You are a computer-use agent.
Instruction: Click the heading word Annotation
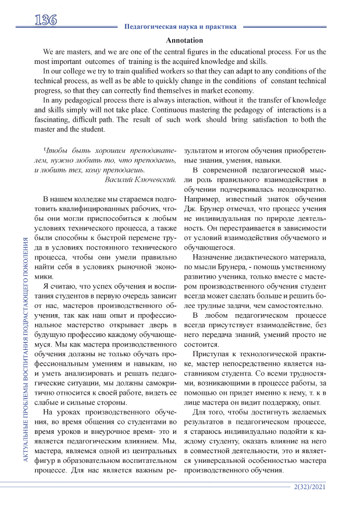click(x=184, y=40)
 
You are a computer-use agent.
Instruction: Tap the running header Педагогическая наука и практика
click(x=180, y=26)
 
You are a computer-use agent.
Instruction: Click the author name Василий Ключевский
click(x=140, y=179)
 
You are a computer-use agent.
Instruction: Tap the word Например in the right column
click(x=203, y=199)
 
